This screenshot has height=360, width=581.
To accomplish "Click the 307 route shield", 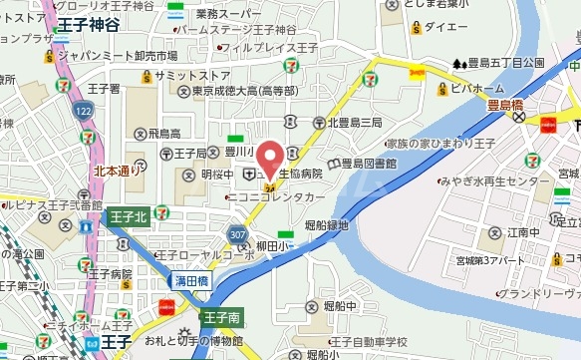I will pyautogui.click(x=236, y=233).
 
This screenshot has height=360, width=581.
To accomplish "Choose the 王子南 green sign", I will pyautogui.click(x=220, y=319).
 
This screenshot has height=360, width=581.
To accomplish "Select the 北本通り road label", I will pyautogui.click(x=119, y=172).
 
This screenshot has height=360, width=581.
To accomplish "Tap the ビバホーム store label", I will pyautogui.click(x=470, y=89).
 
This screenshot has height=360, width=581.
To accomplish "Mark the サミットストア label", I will pyautogui.click(x=192, y=76).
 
